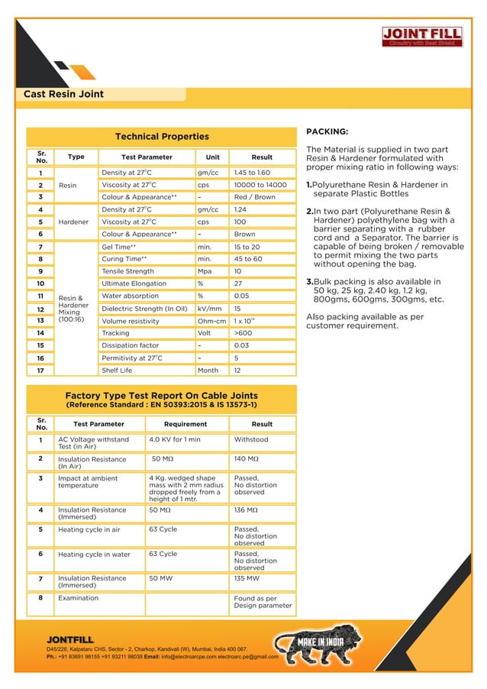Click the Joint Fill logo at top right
(x=421, y=37)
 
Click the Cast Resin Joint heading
(x=64, y=95)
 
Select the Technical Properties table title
(x=162, y=137)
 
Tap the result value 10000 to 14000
(x=260, y=185)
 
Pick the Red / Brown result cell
(x=255, y=197)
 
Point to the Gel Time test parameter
(x=119, y=247)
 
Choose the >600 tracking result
(x=243, y=333)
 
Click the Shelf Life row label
(x=117, y=370)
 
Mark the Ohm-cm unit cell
(x=211, y=321)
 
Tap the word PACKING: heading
(x=327, y=131)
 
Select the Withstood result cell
(x=251, y=440)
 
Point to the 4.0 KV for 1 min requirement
(x=175, y=440)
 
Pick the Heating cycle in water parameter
(x=95, y=555)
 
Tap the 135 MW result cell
(x=247, y=579)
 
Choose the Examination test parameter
(x=79, y=598)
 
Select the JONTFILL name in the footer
(x=70, y=639)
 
